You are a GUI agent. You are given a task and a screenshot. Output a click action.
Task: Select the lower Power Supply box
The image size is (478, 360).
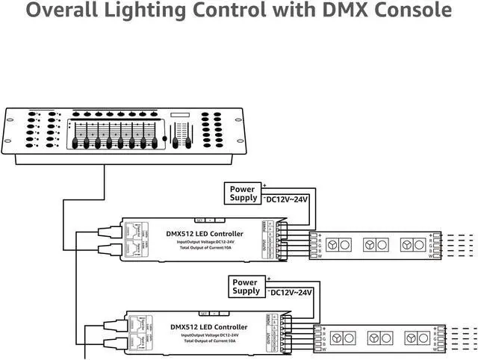[x=246, y=286]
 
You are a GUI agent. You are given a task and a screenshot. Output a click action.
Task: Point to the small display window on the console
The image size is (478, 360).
[x=181, y=115]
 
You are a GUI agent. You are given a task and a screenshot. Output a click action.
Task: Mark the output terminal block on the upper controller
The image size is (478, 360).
[x=279, y=239]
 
